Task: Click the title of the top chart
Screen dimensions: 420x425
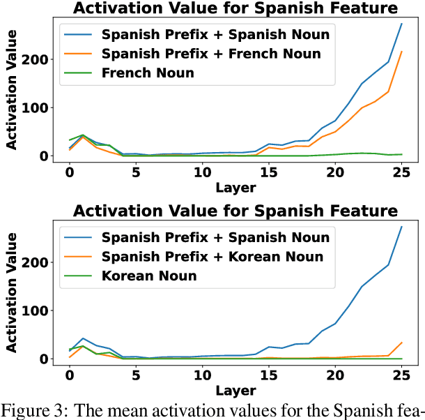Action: coord(235,8)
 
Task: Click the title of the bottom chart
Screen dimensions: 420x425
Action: coord(235,211)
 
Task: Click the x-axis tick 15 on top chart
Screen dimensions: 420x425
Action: coord(268,172)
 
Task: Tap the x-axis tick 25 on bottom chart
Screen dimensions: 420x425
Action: coord(401,375)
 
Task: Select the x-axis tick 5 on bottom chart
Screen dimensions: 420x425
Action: coord(136,375)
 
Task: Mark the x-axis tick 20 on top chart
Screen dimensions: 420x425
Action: coord(334,172)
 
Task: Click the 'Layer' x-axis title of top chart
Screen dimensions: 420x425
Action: coord(235,187)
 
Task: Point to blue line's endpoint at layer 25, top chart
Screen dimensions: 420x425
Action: coord(401,24)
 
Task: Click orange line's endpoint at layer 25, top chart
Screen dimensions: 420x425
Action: coord(401,52)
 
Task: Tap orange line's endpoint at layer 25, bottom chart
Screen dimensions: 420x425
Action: coord(401,343)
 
